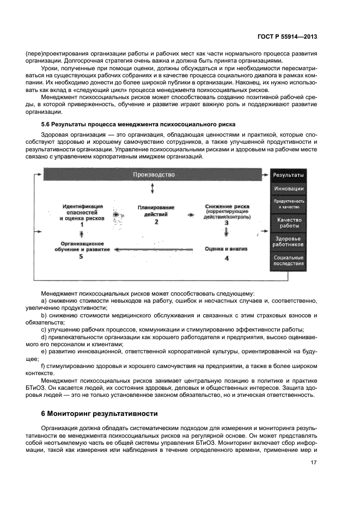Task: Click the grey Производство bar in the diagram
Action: (x=154, y=175)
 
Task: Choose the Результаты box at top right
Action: (x=289, y=175)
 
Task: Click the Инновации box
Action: (x=289, y=189)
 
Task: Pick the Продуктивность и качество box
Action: (x=289, y=204)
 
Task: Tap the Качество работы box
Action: (x=289, y=223)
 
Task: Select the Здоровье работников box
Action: (x=289, y=242)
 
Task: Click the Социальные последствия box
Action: (x=289, y=260)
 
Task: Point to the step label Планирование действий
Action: (x=156, y=211)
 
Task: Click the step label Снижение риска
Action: (x=227, y=207)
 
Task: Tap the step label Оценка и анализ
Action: (x=226, y=249)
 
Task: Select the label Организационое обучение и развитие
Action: (x=82, y=247)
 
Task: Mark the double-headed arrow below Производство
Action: (x=153, y=188)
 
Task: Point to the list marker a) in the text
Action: (x=44, y=301)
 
